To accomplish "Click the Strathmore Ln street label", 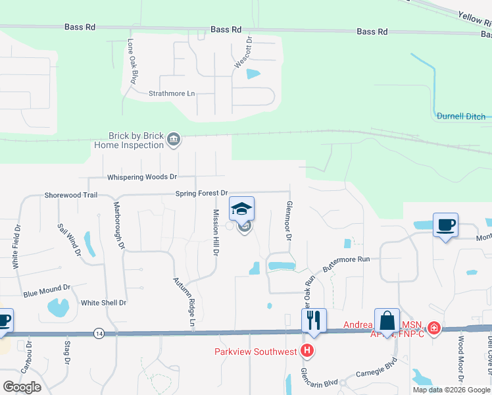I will (x=172, y=93).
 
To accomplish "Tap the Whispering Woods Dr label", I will (x=142, y=177).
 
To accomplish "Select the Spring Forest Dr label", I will (x=201, y=194).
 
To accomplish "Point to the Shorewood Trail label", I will (x=71, y=196).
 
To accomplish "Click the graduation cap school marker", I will (x=241, y=210).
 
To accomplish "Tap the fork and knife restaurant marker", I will (x=313, y=321).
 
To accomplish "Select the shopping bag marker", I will (x=387, y=321).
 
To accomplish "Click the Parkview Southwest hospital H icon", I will (x=307, y=350).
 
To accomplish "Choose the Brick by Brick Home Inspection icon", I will (x=174, y=138).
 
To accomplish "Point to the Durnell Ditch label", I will (x=461, y=117).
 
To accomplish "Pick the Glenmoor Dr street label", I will (x=288, y=221).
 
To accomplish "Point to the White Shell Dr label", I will (x=103, y=303).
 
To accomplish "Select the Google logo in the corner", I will (x=22, y=387).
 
